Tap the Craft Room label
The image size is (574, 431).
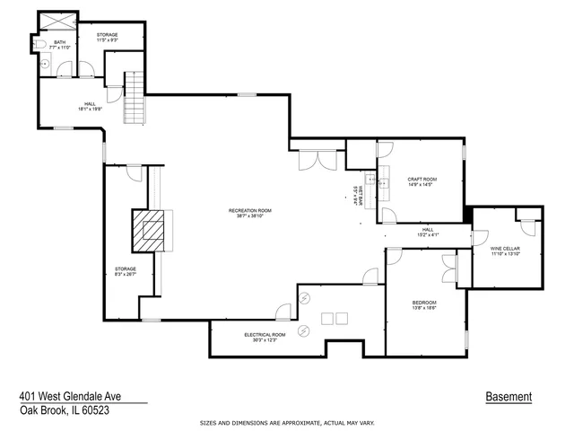click(422, 180)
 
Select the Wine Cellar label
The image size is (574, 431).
click(505, 248)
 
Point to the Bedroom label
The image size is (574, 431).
click(424, 302)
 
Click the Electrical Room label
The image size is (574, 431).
click(265, 334)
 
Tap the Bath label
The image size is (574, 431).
click(60, 42)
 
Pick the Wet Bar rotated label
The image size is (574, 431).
click(357, 196)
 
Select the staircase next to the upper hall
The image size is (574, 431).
click(134, 98)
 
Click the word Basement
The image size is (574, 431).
click(509, 396)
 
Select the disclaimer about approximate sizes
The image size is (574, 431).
click(287, 421)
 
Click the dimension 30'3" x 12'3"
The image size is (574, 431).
click(265, 339)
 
